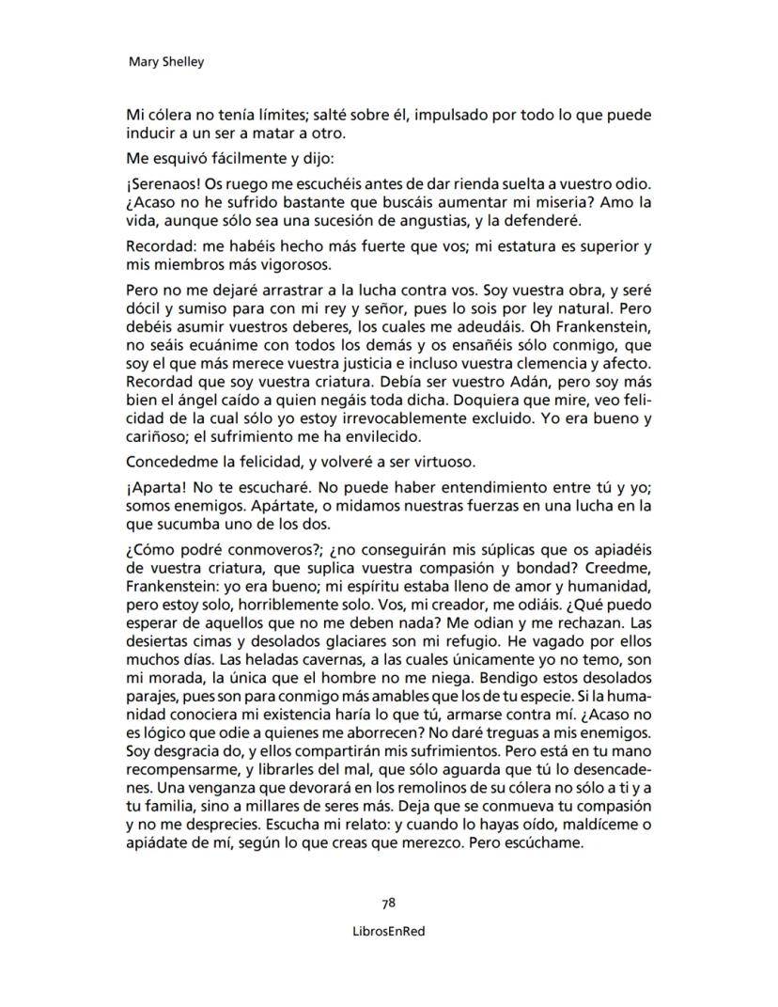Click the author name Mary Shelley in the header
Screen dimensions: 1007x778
coord(165,63)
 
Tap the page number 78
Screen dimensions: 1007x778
coord(388,903)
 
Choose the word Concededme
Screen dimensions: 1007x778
coord(173,462)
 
